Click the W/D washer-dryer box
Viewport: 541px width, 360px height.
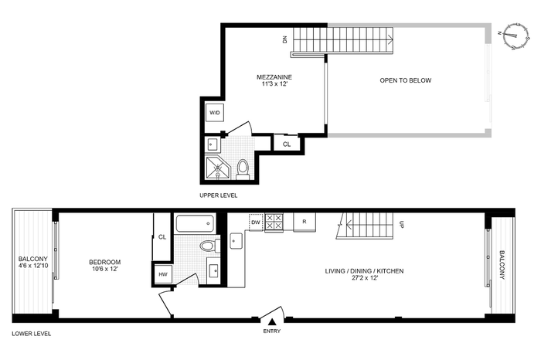[215, 113]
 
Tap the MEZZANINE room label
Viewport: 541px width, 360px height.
[274, 77]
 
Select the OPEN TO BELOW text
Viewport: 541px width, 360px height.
[406, 80]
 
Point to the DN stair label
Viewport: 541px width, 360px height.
[284, 39]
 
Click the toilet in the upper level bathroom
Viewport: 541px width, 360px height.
[243, 169]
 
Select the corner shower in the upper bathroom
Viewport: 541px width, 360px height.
[217, 168]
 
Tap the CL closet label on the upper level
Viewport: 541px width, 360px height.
[287, 144]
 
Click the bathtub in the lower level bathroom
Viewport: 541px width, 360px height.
[195, 223]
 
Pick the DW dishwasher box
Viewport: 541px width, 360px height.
[256, 222]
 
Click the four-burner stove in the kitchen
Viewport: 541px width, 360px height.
[274, 222]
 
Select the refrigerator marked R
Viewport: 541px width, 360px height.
[305, 222]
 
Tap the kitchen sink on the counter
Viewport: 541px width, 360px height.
[236, 240]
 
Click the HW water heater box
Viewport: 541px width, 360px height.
[163, 274]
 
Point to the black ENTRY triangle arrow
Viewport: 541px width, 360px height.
[272, 322]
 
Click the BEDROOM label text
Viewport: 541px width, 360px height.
[105, 262]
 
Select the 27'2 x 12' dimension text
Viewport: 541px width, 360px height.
[365, 277]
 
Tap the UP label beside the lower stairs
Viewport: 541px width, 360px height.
[401, 225]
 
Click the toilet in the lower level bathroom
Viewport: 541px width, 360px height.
[209, 246]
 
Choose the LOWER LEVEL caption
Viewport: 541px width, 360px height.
[32, 334]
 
